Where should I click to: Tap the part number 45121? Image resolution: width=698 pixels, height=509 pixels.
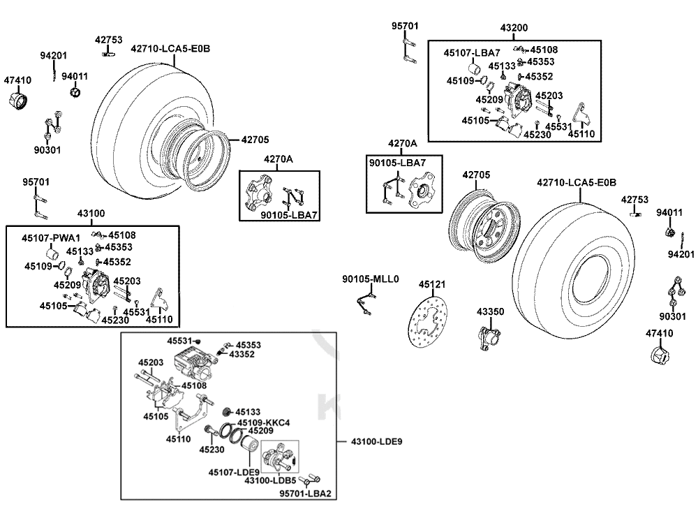(x=432, y=285)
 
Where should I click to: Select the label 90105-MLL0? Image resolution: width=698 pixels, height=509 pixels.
(x=370, y=279)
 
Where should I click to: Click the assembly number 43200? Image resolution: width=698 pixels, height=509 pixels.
(x=514, y=28)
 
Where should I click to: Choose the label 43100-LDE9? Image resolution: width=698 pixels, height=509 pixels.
(x=376, y=441)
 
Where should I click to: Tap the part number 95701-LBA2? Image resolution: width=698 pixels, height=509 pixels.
(x=305, y=494)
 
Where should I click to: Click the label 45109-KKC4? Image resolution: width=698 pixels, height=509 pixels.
(x=263, y=423)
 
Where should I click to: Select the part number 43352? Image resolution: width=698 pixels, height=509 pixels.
(x=242, y=355)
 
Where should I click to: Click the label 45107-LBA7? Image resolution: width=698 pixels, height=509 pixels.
(x=472, y=53)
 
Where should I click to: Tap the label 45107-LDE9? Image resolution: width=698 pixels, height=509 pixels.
(x=234, y=473)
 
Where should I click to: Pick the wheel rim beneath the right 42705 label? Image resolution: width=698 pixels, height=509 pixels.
(x=481, y=230)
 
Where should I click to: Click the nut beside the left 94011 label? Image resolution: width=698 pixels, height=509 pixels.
(x=76, y=92)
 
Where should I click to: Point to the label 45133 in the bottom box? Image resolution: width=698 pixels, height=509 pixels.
(x=247, y=412)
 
